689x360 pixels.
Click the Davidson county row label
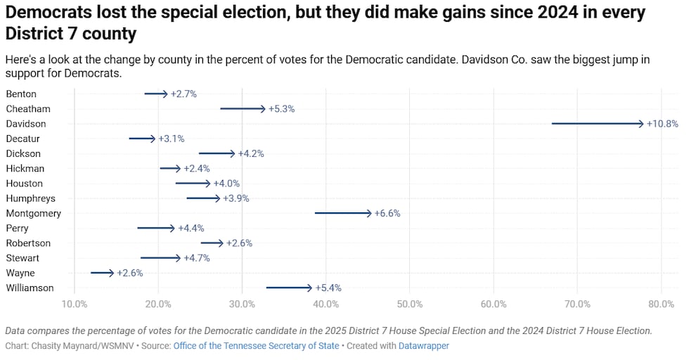coord(26,124)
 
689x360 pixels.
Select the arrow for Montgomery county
coord(343,213)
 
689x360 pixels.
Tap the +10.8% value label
coord(662,124)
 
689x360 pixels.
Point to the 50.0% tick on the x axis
coord(409,304)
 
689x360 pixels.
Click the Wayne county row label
coord(20,273)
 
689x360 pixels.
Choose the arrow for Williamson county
coord(288,288)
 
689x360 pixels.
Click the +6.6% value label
coord(387,213)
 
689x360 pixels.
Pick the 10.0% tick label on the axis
coord(75,304)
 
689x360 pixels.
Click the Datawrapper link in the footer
coord(423,346)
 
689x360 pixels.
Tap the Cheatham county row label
coord(27,109)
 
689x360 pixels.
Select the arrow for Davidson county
coord(598,124)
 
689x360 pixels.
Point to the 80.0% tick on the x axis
coord(661,304)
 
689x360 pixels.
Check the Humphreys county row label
coord(30,198)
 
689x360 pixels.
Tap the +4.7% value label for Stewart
coord(198,258)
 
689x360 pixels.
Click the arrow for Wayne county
coord(102,273)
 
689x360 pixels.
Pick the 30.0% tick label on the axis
coord(242,304)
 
